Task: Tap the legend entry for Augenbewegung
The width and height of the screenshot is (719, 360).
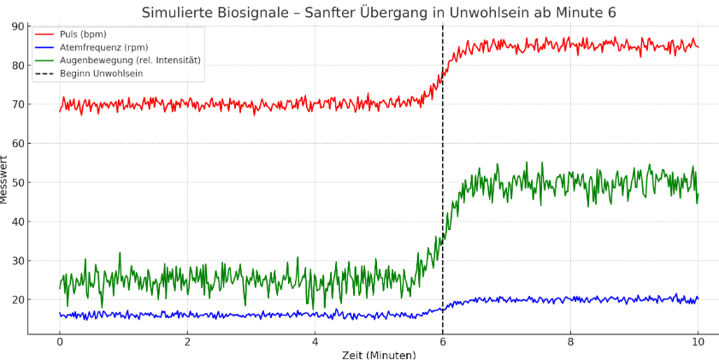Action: pos(129,60)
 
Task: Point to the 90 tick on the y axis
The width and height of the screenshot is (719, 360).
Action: pos(19,27)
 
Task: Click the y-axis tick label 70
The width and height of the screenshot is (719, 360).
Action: pos(19,104)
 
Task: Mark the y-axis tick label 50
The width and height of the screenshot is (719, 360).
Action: pos(19,182)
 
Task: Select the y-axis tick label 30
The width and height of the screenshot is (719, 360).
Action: pos(19,261)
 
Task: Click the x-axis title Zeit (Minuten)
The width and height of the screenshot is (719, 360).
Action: pos(379,354)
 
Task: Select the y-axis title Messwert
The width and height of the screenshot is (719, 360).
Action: pos(5,180)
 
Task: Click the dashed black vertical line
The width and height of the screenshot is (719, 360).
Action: pos(443,214)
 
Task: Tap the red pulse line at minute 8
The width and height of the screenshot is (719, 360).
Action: pos(570,45)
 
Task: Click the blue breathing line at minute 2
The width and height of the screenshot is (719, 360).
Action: pos(187,315)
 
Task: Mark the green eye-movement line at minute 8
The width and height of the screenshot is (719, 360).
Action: pos(570,182)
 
